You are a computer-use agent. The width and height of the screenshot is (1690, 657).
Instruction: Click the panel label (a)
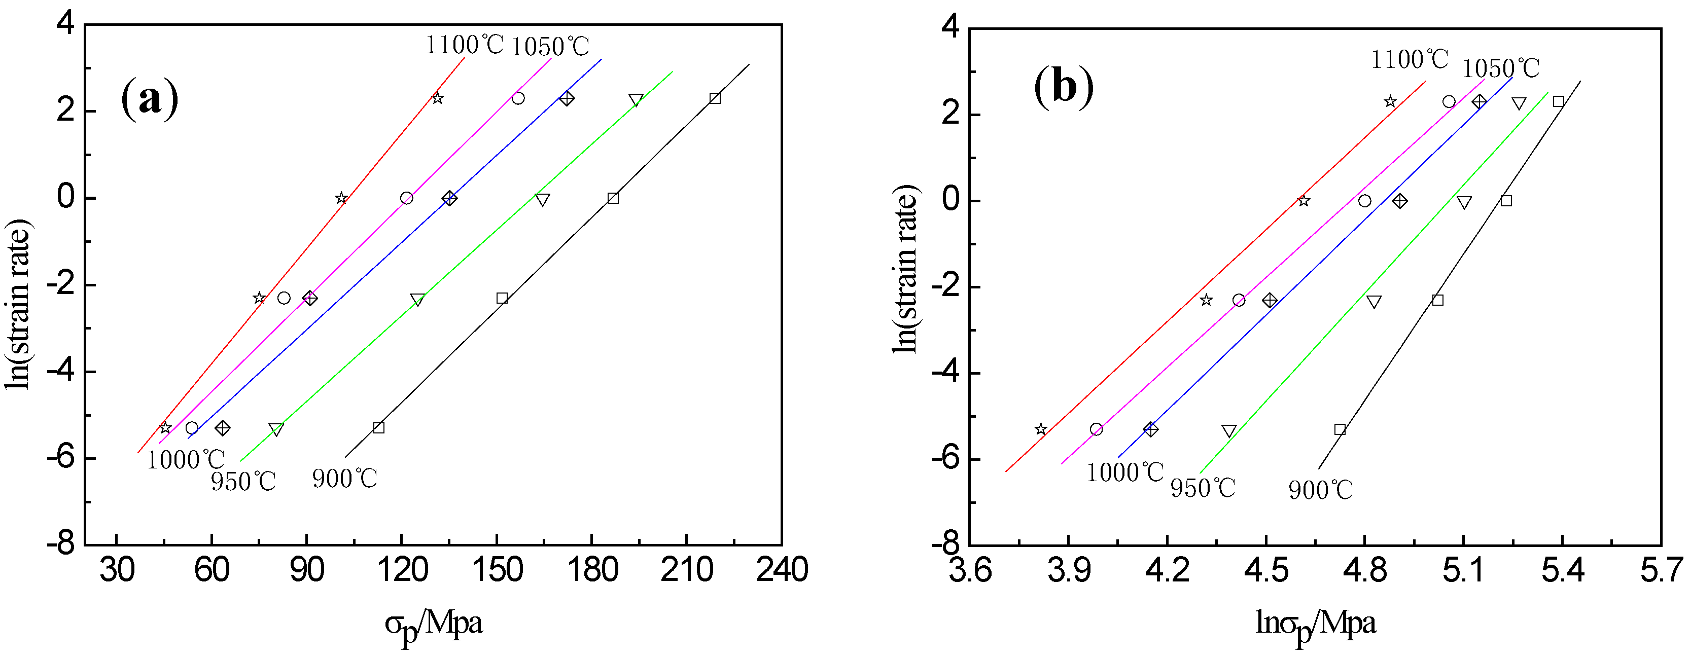click(x=150, y=98)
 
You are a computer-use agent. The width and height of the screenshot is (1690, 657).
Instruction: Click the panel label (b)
click(x=1064, y=87)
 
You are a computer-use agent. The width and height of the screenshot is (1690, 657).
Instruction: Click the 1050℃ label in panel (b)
click(x=1500, y=68)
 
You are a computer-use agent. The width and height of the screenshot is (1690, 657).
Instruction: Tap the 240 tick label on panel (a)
click(x=781, y=569)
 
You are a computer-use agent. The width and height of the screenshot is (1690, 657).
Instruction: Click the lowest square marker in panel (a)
click(x=378, y=427)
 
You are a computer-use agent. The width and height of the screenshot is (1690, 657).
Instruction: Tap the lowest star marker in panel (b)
click(x=1040, y=429)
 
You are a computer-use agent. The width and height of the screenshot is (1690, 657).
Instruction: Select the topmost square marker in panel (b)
click(x=1559, y=101)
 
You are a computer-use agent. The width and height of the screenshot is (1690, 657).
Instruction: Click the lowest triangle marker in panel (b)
click(x=1229, y=431)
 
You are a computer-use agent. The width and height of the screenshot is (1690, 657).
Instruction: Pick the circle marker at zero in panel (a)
click(x=407, y=198)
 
